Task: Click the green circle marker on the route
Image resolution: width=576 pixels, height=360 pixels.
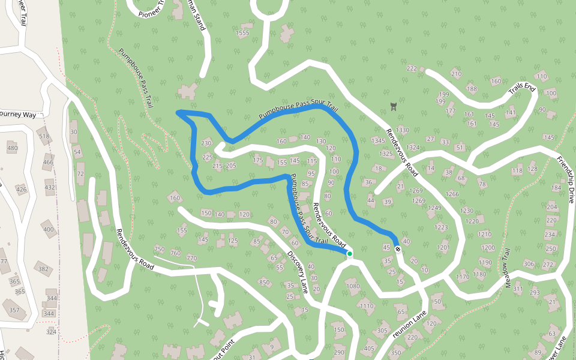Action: click(349, 254)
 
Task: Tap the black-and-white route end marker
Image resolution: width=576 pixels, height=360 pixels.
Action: click(397, 248)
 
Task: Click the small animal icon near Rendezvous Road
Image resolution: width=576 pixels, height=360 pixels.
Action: click(393, 107)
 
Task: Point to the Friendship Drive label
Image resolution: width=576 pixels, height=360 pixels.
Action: click(566, 180)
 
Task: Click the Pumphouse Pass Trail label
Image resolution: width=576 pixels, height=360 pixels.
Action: click(137, 79)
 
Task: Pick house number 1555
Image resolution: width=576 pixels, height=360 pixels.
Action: click(242, 33)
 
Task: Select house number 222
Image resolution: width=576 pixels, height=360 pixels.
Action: click(412, 68)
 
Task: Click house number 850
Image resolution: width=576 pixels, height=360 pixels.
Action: click(264, 282)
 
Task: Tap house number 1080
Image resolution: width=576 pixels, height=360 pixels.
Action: click(352, 286)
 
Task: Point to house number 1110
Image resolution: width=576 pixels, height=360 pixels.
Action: click(366, 306)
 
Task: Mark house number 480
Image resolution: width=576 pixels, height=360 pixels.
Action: click(12, 148)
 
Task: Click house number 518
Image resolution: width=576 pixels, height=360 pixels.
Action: click(44, 136)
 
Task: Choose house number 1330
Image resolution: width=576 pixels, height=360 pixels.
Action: click(402, 130)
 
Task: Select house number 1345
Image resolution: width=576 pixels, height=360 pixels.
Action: click(378, 141)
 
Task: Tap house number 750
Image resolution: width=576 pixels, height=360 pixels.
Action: click(159, 249)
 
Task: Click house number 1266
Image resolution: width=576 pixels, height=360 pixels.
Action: click(452, 194)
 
